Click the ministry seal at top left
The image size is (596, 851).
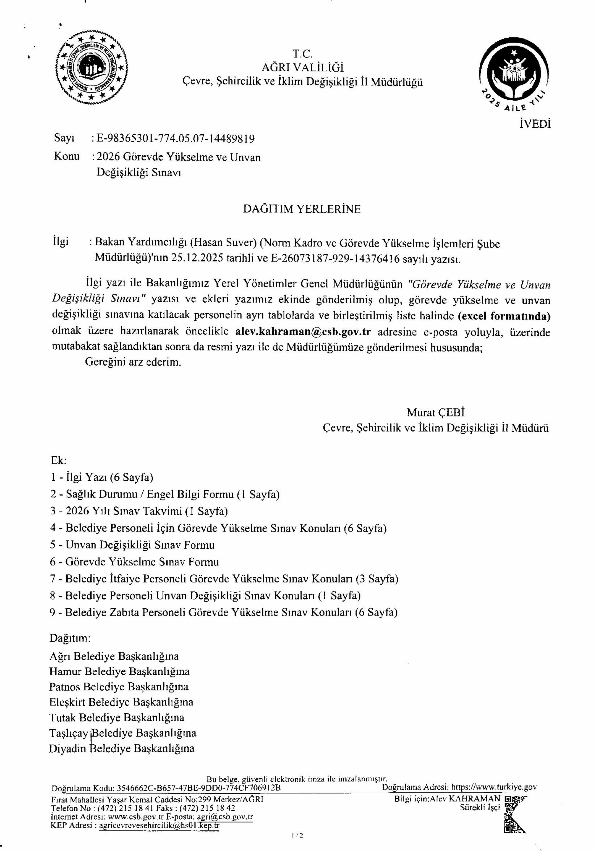pyautogui.click(x=91, y=68)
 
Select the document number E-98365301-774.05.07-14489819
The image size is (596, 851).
pyautogui.click(x=176, y=139)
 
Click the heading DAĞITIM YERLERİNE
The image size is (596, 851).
pyautogui.click(x=302, y=209)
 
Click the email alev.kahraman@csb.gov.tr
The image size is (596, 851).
pyautogui.click(x=303, y=332)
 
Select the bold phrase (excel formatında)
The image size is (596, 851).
pyautogui.click(x=504, y=316)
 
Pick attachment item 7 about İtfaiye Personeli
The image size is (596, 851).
pyautogui.click(x=224, y=579)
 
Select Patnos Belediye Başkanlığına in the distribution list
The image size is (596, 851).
pyautogui.click(x=119, y=687)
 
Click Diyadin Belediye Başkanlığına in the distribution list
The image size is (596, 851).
pyautogui.click(x=122, y=748)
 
